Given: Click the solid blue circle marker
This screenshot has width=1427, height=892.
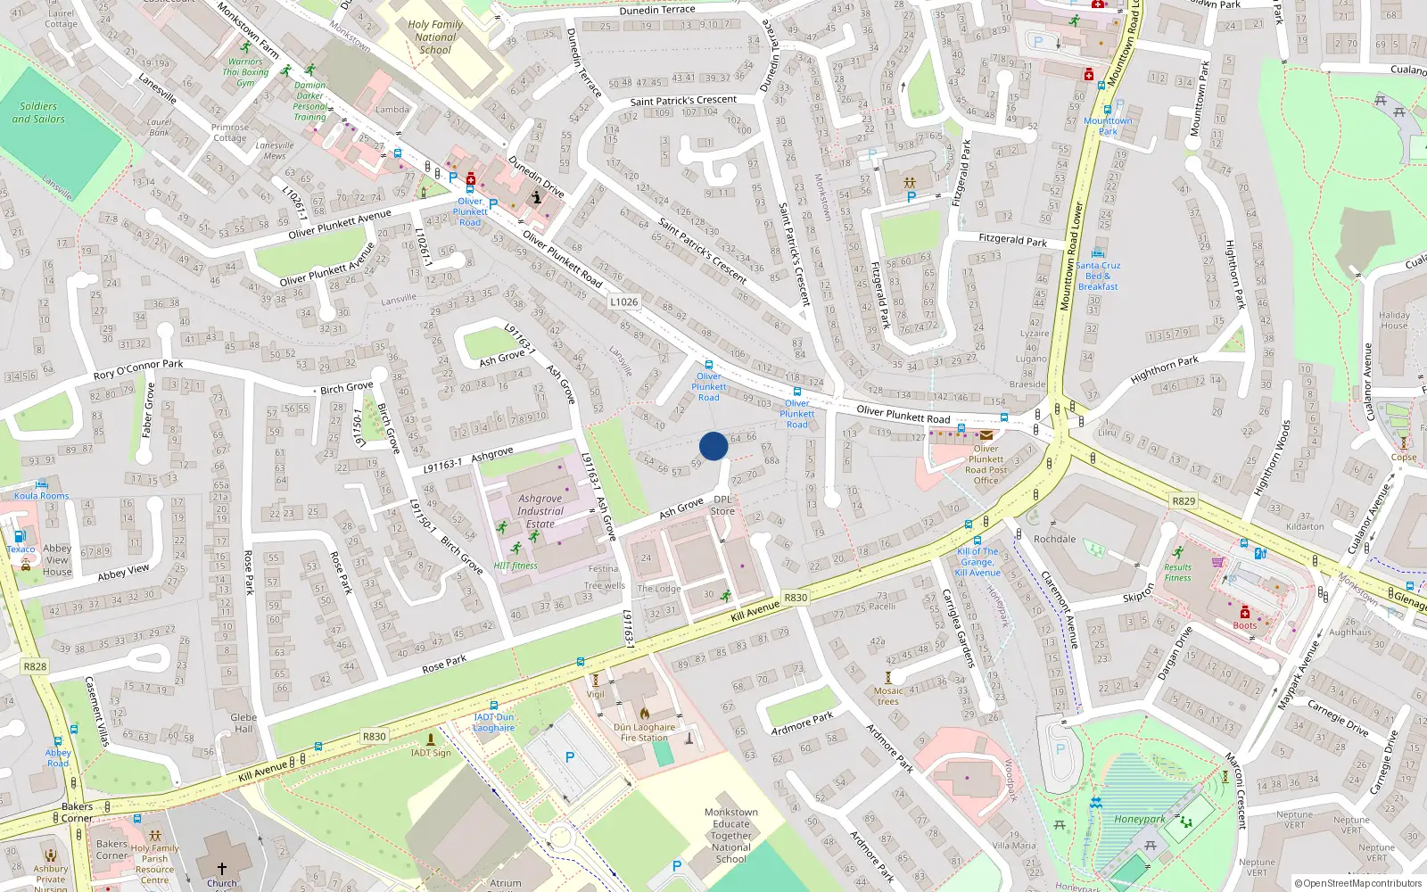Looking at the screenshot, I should click(713, 446).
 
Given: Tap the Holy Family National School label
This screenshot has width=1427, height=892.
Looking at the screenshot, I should click(435, 37).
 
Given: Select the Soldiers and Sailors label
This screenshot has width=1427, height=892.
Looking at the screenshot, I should click(38, 112).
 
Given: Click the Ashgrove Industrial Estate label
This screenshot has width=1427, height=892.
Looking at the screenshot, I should click(540, 511).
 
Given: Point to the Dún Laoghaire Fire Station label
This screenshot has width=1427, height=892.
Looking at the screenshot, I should click(645, 732).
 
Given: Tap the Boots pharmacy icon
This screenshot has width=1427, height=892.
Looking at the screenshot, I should click(1245, 613).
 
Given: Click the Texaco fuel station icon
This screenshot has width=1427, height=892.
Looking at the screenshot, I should click(20, 537).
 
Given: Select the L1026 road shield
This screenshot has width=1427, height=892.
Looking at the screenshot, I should click(624, 301).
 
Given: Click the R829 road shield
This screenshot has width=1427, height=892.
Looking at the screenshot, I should click(1184, 500).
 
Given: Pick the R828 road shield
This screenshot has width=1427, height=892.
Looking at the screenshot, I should click(35, 666).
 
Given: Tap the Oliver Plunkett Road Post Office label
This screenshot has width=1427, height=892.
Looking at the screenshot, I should click(986, 465).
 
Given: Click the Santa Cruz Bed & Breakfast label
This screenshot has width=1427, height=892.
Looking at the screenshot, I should click(1098, 276).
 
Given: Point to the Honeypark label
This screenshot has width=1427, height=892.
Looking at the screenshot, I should click(1140, 819).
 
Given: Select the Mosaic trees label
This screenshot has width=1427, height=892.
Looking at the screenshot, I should click(888, 696).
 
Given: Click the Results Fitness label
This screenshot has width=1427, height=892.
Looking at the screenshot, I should click(1177, 573).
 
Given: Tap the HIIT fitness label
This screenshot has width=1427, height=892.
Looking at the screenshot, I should click(516, 566).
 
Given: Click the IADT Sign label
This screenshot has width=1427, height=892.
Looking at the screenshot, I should click(431, 753).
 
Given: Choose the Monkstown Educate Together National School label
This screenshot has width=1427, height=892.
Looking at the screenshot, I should click(731, 836).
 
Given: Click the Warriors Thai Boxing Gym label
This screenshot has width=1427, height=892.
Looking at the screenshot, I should click(245, 72).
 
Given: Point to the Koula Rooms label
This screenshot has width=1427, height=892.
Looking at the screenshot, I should click(41, 496).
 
